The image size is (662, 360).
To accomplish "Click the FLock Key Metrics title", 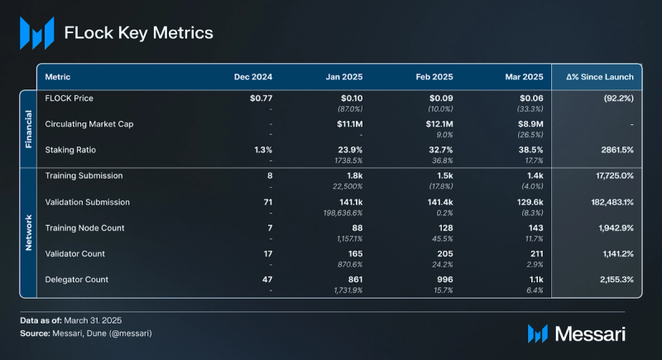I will point(139,33).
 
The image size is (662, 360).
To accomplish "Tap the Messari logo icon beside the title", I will point(37,33).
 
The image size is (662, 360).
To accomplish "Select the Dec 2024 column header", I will point(252,77).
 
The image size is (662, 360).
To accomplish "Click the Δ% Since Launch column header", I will point(600,77).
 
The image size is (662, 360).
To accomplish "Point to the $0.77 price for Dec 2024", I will point(261,98).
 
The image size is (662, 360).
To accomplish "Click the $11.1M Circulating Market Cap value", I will point(351,124).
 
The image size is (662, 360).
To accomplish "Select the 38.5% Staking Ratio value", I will point(530,150).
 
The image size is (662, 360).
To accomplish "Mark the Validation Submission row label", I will point(88,202).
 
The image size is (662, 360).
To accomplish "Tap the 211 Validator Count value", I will point(535,253).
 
